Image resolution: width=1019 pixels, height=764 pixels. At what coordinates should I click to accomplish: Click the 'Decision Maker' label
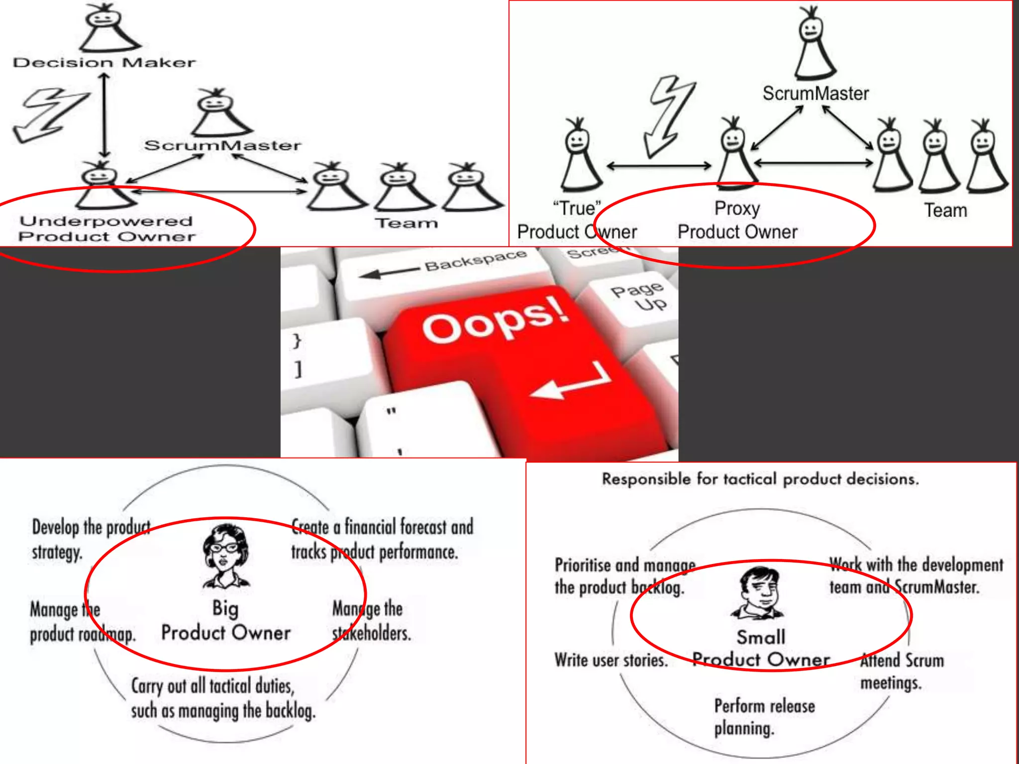point(104,63)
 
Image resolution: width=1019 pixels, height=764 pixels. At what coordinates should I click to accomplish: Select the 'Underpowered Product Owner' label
point(106,228)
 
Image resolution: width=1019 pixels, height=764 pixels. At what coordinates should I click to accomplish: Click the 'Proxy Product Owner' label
point(737,220)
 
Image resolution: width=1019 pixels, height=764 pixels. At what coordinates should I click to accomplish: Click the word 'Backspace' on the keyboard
point(475,260)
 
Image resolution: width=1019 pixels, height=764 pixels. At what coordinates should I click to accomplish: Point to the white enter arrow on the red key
point(572,383)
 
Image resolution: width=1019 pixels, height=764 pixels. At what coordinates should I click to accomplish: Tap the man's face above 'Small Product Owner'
point(758,589)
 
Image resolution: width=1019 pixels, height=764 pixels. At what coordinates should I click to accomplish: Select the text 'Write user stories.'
point(611,660)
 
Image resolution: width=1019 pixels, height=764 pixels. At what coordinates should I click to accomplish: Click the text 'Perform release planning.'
point(764,717)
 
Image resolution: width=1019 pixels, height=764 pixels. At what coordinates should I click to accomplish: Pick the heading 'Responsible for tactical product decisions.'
point(760,479)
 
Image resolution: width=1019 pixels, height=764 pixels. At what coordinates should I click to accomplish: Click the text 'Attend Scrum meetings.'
point(902,671)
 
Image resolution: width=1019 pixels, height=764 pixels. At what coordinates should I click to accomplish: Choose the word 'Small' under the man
point(761,637)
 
